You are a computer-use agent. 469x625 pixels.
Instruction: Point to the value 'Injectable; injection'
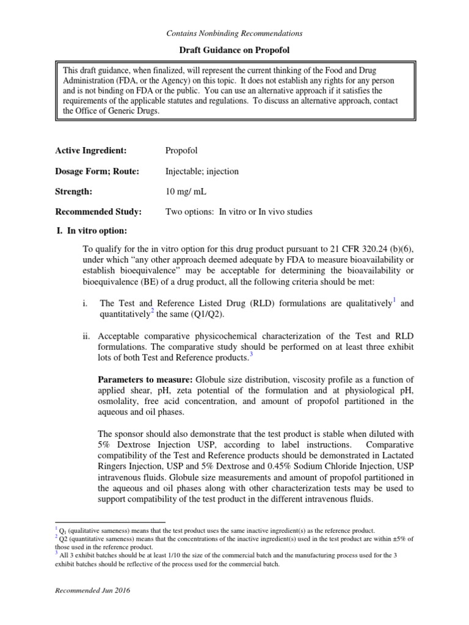202,172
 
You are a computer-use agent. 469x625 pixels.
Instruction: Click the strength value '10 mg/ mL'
186,192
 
